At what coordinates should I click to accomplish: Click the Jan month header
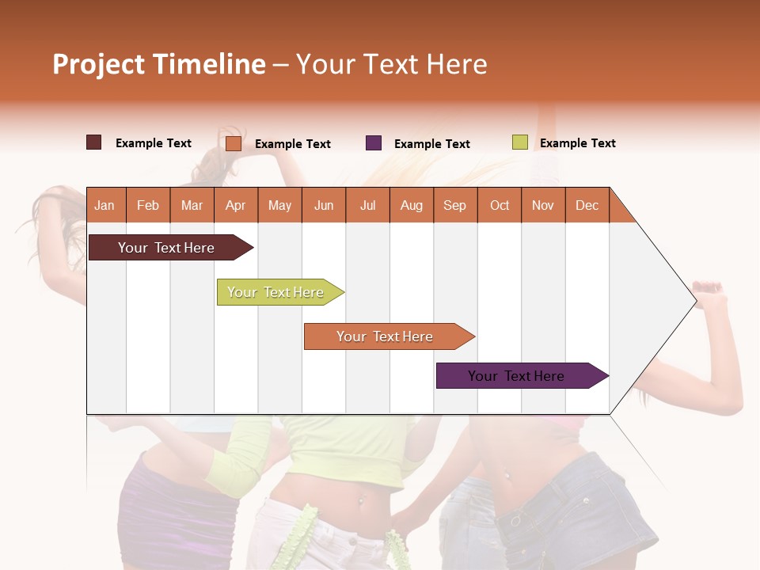click(104, 205)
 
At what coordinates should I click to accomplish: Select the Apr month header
click(236, 205)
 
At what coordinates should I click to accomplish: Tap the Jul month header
click(367, 205)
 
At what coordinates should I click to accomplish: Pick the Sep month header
click(455, 205)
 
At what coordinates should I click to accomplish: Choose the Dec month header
click(587, 205)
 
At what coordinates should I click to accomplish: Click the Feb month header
click(148, 205)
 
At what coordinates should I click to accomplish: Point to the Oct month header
click(500, 205)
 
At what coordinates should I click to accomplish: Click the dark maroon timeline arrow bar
click(167, 248)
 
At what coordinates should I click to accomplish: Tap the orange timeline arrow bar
click(386, 336)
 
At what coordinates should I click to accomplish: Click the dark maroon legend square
click(94, 142)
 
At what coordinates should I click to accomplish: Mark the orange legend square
click(234, 143)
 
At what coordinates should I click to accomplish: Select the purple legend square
click(374, 143)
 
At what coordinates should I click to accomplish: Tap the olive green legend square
click(519, 142)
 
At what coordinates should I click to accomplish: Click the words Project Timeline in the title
click(159, 64)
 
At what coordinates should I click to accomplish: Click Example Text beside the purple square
click(431, 144)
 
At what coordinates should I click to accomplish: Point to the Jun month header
click(324, 205)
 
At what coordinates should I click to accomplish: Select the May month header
click(279, 205)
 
